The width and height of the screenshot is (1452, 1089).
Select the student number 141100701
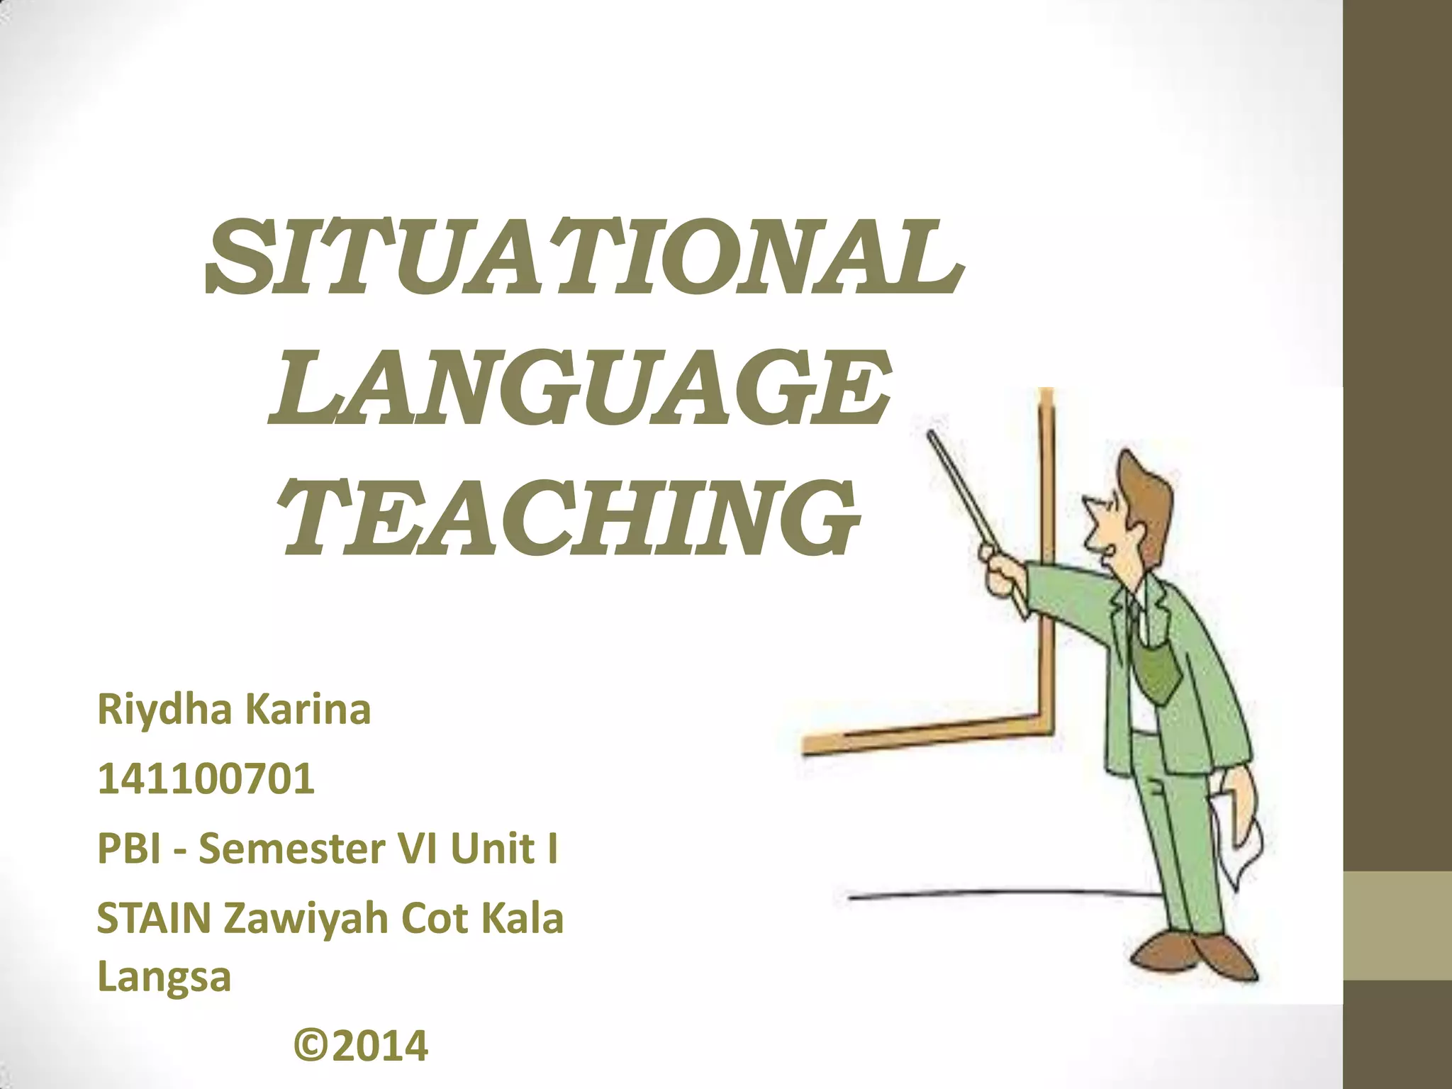click(206, 778)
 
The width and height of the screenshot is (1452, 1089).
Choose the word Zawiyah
click(307, 920)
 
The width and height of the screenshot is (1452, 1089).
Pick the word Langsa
click(164, 977)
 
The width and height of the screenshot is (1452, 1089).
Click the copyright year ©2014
click(361, 1046)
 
